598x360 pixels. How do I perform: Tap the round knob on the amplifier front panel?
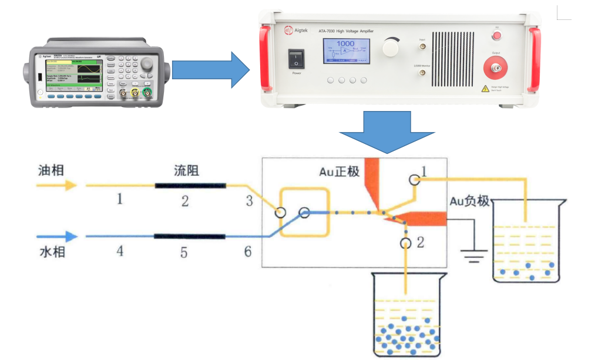point(390,47)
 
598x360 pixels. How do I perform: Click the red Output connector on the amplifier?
point(497,68)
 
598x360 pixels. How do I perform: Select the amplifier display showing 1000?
point(346,51)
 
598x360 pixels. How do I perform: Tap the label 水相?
point(51,253)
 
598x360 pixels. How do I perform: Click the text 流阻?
point(186,170)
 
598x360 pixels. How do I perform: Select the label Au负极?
point(469,201)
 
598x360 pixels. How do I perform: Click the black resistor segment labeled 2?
point(190,186)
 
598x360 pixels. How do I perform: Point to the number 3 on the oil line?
point(249,201)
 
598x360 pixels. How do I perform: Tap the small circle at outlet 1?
point(414,180)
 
